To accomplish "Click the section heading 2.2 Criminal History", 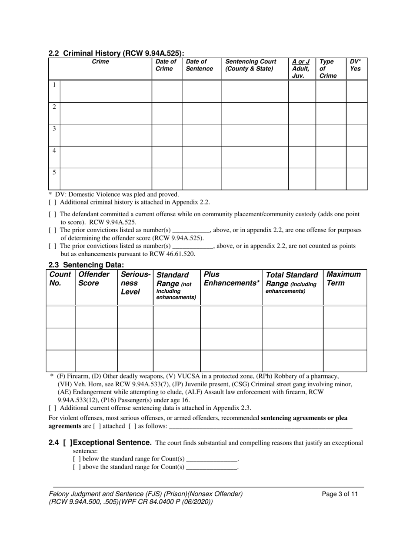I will click(x=116, y=53).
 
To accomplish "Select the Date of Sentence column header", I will click(x=199, y=65).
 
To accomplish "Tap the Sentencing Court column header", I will click(x=250, y=65).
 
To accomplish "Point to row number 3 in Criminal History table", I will click(x=54, y=129).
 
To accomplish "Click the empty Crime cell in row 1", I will click(x=105, y=91).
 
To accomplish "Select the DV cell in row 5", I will click(x=356, y=179).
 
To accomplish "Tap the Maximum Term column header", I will click(x=343, y=279).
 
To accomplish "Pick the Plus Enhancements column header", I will click(x=230, y=279).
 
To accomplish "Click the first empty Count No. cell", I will click(x=60, y=317).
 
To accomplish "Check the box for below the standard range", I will click(x=76, y=459).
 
